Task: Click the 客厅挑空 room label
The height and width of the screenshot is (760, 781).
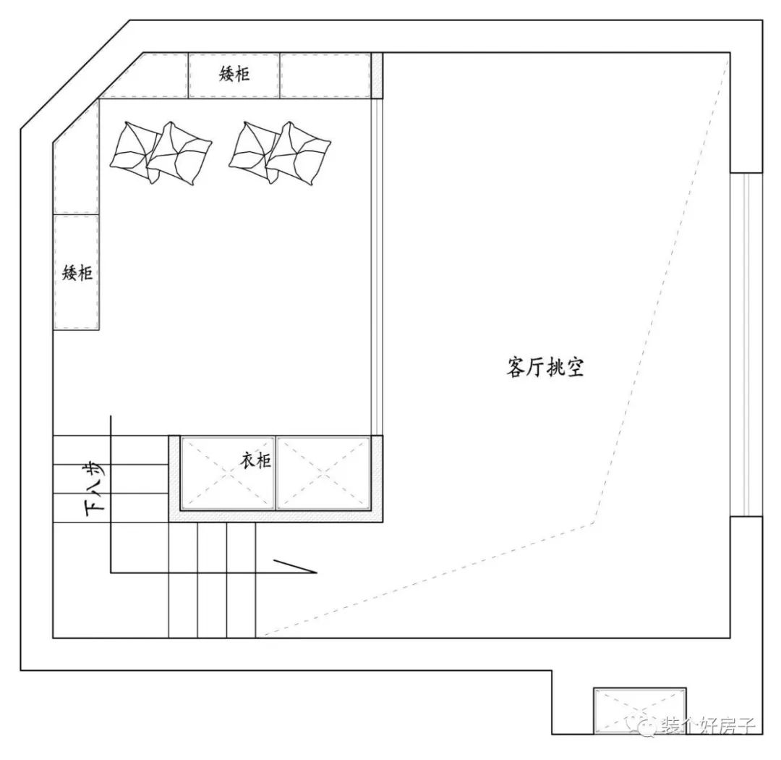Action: click(x=545, y=367)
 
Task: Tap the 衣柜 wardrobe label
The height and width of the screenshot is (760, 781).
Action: click(x=256, y=460)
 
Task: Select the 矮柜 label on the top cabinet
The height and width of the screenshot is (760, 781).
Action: click(x=234, y=74)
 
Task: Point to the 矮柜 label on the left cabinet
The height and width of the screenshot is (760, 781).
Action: click(x=77, y=273)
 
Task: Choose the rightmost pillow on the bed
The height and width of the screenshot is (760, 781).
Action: click(x=297, y=153)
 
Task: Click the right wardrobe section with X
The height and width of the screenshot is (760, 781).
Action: click(x=323, y=473)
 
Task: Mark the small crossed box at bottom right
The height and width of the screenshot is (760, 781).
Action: click(x=639, y=709)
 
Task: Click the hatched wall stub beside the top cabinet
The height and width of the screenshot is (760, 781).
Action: click(x=376, y=75)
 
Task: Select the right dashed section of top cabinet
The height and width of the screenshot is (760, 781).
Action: click(x=325, y=75)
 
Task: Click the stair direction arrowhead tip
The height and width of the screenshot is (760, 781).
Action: click(x=316, y=573)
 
